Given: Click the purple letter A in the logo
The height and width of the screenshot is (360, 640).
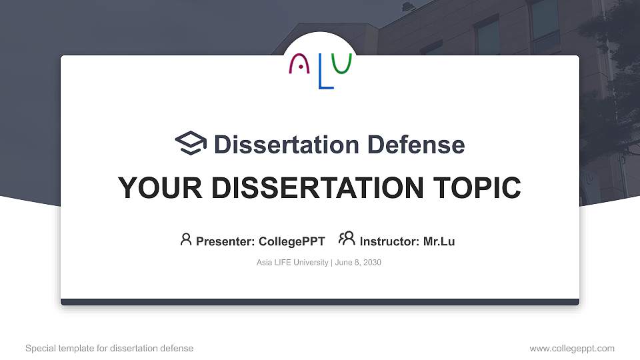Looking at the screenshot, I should click(x=299, y=65).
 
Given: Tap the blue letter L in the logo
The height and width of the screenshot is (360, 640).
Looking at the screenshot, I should click(x=325, y=74).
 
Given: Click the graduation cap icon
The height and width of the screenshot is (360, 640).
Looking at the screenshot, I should click(x=191, y=143).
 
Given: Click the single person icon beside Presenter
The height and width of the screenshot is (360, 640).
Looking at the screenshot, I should click(x=186, y=239).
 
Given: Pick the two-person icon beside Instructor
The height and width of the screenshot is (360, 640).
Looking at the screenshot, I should click(x=347, y=239).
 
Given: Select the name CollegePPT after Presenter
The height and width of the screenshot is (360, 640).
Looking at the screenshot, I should click(x=291, y=241).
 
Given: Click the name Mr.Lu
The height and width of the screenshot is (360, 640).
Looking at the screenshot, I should click(x=439, y=241).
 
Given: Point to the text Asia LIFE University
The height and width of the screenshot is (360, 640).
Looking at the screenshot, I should click(x=292, y=263).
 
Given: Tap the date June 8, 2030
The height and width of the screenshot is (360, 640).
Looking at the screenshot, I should click(x=358, y=263).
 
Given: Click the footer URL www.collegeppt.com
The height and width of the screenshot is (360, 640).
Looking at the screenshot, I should click(x=571, y=348).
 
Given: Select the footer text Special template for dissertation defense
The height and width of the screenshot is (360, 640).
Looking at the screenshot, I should click(x=109, y=348).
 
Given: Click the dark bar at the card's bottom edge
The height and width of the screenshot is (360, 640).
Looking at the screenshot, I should click(x=320, y=302).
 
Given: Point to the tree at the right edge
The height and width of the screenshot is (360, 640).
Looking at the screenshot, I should click(x=610, y=100).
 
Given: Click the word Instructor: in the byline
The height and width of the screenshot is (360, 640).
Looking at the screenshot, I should click(x=389, y=241).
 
